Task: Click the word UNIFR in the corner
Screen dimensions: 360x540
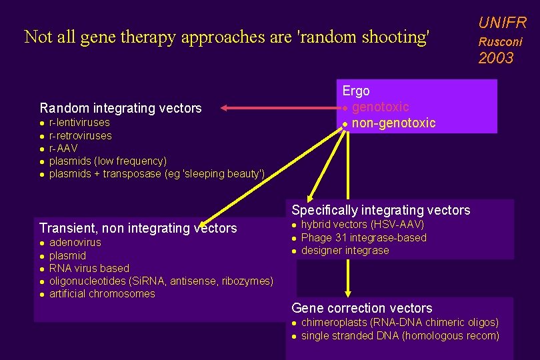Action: pos(502,23)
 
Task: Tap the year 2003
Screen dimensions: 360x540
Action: pos(496,58)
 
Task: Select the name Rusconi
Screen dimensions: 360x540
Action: pos(500,41)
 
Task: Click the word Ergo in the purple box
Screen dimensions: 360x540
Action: pos(356,91)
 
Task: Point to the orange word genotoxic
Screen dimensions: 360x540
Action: pos(380,107)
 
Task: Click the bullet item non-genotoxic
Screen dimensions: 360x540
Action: pos(393,123)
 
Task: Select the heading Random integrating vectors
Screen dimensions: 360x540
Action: pos(121,108)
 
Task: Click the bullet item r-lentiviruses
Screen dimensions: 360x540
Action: pos(79,123)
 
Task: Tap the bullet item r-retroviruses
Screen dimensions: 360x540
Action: pos(81,135)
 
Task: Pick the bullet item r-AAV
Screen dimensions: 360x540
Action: pos(63,148)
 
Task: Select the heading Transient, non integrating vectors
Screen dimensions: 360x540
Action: pos(138,229)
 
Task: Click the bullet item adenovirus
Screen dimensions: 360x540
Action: pos(75,243)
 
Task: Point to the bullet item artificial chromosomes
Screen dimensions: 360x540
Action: pos(102,294)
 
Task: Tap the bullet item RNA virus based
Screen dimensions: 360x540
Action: pos(89,268)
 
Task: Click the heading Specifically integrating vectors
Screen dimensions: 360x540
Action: pos(381,211)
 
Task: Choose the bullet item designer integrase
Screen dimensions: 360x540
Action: pos(345,251)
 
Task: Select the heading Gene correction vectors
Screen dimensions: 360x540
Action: pos(362,309)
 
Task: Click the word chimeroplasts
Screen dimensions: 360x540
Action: pos(335,323)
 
